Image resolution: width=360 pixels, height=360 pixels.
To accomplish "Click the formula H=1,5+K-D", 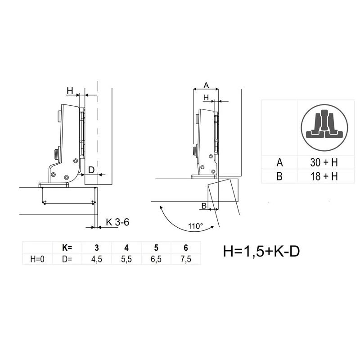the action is pyautogui.click(x=261, y=252).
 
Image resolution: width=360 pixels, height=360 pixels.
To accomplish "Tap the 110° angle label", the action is pyautogui.click(x=196, y=226).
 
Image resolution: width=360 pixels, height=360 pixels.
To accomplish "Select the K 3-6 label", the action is pyautogui.click(x=117, y=222).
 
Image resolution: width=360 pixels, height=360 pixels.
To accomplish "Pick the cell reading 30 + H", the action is pyautogui.click(x=324, y=162).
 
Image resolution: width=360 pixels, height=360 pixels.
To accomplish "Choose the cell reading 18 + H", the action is pyautogui.click(x=324, y=176).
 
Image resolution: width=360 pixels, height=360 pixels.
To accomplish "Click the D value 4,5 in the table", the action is pyautogui.click(x=96, y=259).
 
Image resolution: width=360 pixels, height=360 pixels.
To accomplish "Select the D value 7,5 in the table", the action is pyautogui.click(x=186, y=259).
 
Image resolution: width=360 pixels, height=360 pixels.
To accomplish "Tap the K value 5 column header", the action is pyautogui.click(x=156, y=248).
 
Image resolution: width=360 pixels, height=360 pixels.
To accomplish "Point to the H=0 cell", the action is pyautogui.click(x=37, y=259).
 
